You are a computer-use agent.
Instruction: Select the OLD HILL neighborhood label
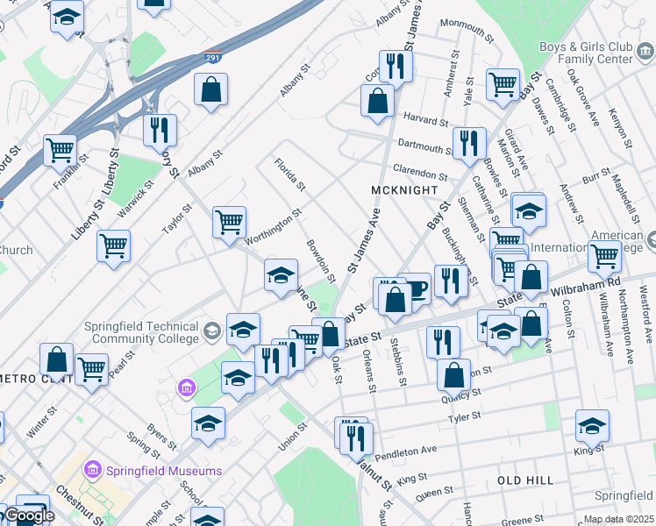click(525, 480)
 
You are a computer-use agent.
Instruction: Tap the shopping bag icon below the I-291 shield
click(211, 89)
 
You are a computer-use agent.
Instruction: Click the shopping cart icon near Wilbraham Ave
click(604, 255)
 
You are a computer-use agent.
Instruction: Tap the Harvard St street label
click(425, 118)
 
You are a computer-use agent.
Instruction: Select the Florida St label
click(289, 174)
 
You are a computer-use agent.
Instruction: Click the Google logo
click(29, 515)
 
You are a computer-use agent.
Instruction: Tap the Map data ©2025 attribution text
click(618, 519)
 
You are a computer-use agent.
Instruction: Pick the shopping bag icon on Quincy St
click(453, 373)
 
